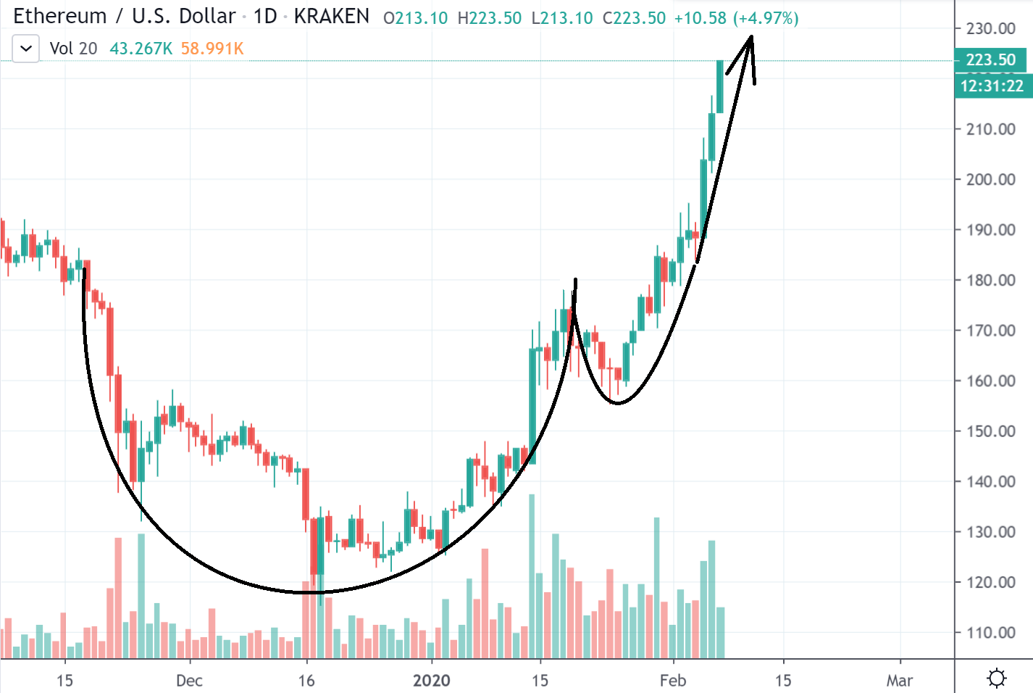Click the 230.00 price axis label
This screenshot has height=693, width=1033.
990,28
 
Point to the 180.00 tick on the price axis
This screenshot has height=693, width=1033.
990,280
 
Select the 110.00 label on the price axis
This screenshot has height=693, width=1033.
990,632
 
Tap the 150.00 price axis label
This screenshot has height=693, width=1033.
990,431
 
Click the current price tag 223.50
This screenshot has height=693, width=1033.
990,59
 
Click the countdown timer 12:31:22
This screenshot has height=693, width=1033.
991,86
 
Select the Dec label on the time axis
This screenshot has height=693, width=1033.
189,680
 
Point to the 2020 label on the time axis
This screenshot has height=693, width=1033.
431,680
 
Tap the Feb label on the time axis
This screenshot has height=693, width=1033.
672,680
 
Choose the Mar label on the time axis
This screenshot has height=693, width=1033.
899,680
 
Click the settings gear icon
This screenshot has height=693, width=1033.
997,678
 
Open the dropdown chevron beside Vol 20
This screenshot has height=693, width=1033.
26,49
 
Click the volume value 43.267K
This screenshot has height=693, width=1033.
141,49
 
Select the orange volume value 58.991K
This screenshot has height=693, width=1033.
212,49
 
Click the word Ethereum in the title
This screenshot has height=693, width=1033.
60,16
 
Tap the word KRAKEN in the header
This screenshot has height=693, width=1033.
331,16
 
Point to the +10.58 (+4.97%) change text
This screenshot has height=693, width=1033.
736,18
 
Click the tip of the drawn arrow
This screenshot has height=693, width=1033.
751,36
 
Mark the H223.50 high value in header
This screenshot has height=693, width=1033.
489,18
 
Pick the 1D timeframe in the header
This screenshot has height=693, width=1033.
265,16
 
